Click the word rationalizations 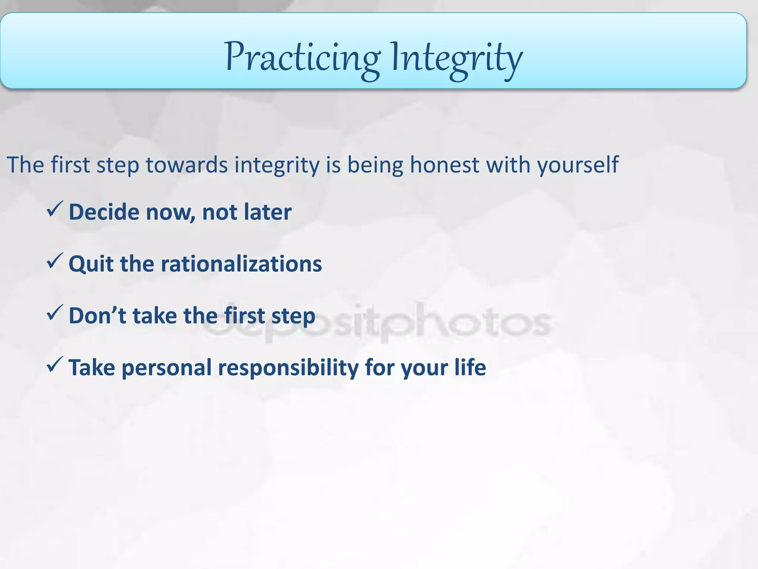[x=241, y=264]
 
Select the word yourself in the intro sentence [x=577, y=165]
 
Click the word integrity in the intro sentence [x=276, y=165]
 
